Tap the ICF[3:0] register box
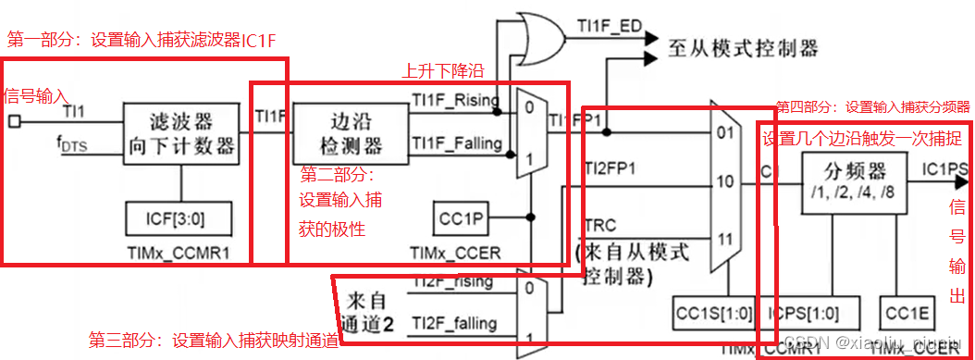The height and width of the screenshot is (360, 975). pos(179,218)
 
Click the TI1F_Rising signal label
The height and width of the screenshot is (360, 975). pos(455,100)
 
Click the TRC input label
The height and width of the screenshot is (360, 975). pos(601,225)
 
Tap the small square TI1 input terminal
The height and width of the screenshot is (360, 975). pos(13,121)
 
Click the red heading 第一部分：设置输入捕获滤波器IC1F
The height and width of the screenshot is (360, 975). pos(142,41)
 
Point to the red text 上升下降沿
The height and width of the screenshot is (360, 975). pos(441,70)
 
